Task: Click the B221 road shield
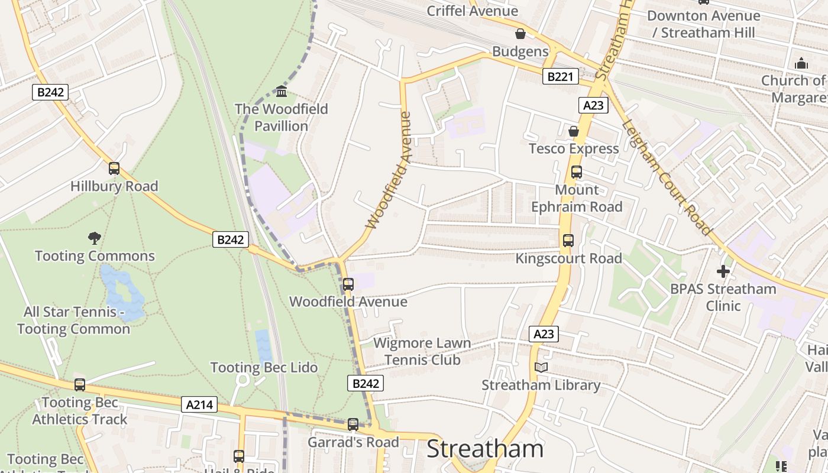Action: click(x=560, y=76)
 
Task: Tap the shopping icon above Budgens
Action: click(x=520, y=34)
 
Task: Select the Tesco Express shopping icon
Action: click(x=573, y=131)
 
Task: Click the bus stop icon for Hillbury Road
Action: click(x=114, y=169)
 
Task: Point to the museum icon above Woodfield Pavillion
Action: click(x=282, y=92)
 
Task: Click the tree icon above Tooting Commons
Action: click(x=94, y=238)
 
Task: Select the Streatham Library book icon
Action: click(x=541, y=367)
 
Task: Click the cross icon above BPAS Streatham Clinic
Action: click(x=723, y=271)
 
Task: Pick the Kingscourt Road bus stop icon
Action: click(x=568, y=241)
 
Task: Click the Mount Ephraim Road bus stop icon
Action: click(x=576, y=172)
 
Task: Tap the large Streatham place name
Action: click(x=485, y=449)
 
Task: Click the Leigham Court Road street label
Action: click(x=665, y=176)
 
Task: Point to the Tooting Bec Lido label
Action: click(x=264, y=367)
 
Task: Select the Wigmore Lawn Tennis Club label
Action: click(x=422, y=351)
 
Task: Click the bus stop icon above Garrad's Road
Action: click(x=353, y=424)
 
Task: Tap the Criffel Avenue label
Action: click(x=472, y=11)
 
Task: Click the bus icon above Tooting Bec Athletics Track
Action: click(x=80, y=385)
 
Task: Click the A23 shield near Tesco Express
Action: click(x=593, y=105)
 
